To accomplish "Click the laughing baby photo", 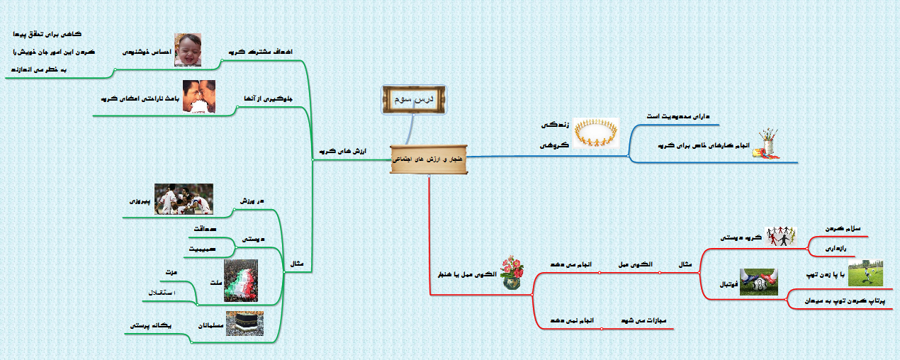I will pyautogui.click(x=188, y=50).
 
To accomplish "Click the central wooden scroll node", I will pyautogui.click(x=428, y=159).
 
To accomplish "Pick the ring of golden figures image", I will pyautogui.click(x=596, y=133).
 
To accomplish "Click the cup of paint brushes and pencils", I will pyautogui.click(x=766, y=144).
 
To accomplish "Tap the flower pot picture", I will pyautogui.click(x=514, y=274).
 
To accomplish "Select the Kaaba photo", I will pyautogui.click(x=244, y=324).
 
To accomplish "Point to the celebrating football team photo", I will pyautogui.click(x=184, y=200).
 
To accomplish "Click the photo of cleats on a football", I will pyautogui.click(x=758, y=281).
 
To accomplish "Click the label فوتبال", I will pyautogui.click(x=725, y=284).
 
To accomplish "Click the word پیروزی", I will pyautogui.click(x=140, y=201).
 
